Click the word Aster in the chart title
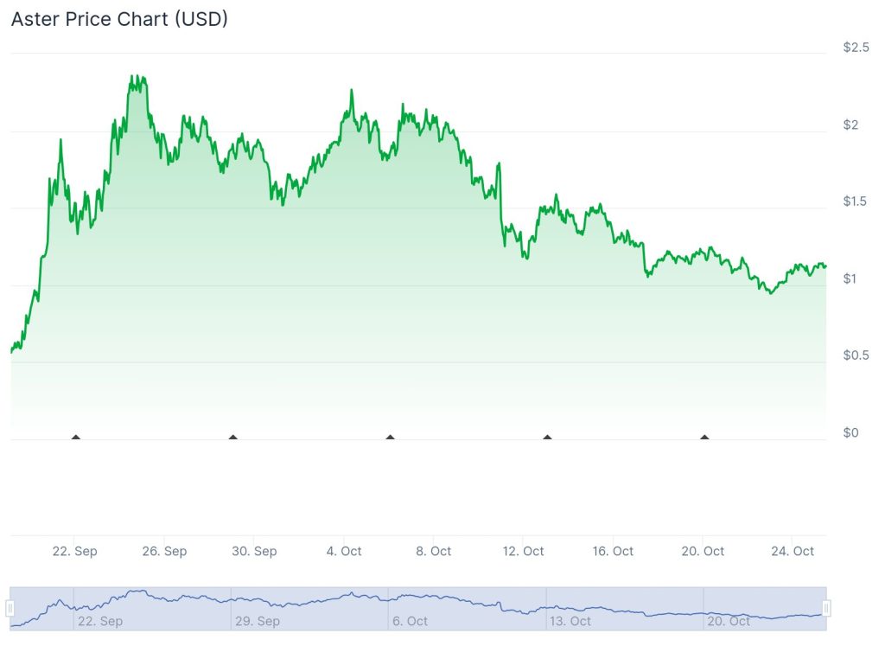click(35, 19)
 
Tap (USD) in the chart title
click(201, 19)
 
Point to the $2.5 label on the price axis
click(856, 48)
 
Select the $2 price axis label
click(850, 125)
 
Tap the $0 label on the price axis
click(850, 432)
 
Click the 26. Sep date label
click(163, 552)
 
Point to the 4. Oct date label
click(343, 552)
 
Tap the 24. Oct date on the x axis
click(792, 552)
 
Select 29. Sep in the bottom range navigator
click(258, 621)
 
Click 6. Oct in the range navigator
click(410, 621)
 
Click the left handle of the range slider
click(10, 609)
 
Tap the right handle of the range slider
click(826, 609)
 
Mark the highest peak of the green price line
click(132, 76)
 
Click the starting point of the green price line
click(11, 351)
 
